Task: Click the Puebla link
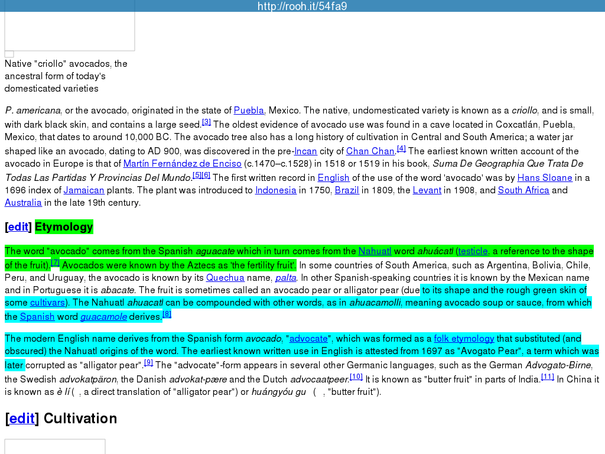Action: [249, 111]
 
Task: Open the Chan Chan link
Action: [370, 151]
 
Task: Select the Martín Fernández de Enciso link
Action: [182, 164]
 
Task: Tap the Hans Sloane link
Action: [545, 178]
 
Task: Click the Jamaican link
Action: [84, 190]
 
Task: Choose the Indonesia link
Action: [275, 190]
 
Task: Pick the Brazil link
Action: [347, 190]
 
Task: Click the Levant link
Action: [427, 190]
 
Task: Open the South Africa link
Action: [523, 190]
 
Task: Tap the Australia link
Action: [23, 203]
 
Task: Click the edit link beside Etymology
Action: [18, 227]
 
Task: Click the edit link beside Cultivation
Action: [22, 419]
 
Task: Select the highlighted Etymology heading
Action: [64, 227]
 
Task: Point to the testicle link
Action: [473, 251]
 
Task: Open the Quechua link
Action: [225, 278]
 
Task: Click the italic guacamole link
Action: [104, 317]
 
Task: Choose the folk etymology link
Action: [464, 339]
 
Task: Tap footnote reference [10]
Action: [356, 377]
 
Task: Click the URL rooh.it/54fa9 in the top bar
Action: [302, 7]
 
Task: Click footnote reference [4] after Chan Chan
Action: [401, 148]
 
